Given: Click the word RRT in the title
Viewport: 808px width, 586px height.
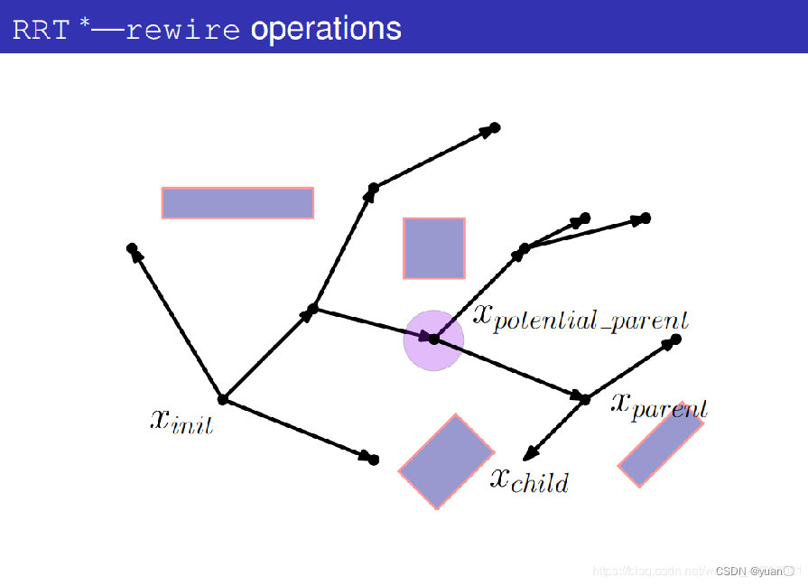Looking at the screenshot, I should coord(40,29).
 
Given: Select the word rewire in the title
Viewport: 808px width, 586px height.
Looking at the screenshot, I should coord(182,29).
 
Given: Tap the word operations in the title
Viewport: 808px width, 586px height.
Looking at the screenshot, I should coord(325,29).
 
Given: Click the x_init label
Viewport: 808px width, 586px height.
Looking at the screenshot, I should coord(181,420).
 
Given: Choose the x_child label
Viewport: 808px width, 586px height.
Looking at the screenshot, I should coord(529,479).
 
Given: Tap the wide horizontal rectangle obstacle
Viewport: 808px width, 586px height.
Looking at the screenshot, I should coord(237,202).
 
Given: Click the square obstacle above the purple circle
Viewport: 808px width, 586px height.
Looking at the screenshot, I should coord(433,247).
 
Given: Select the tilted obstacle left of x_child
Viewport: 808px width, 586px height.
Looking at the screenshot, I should coord(446,460).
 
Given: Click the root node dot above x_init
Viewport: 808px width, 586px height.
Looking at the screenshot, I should coord(222,399).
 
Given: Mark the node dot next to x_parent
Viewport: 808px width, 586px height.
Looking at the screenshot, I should coord(584,398).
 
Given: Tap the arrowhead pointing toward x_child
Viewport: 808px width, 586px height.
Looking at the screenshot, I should coord(530,454).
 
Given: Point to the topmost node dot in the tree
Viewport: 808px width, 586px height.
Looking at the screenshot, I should coord(495,127).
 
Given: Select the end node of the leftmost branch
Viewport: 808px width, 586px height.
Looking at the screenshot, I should coord(132,247).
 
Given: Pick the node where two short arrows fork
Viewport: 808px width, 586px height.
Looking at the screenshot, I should coord(525,247).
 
